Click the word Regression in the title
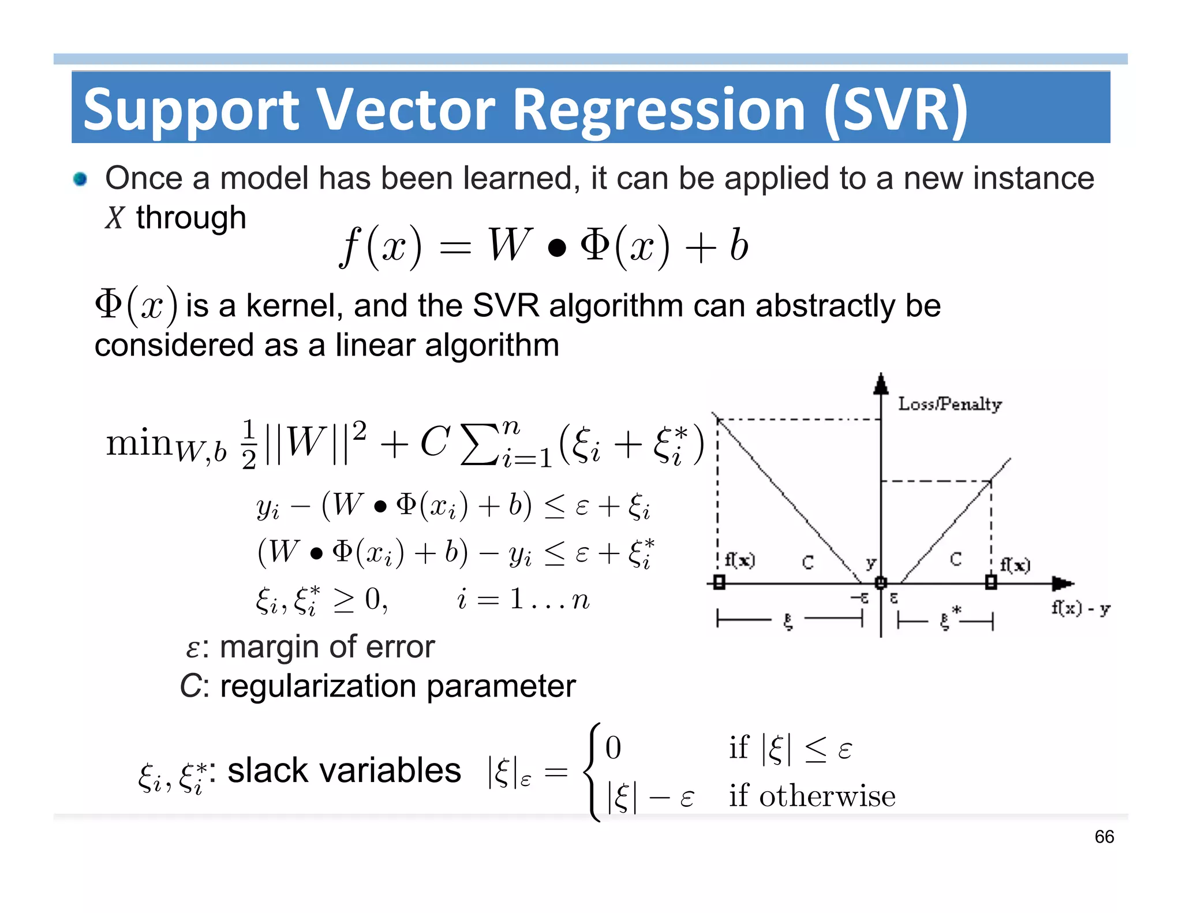pyautogui.click(x=658, y=110)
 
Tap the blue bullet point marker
pyautogui.click(x=80, y=179)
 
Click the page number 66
pyautogui.click(x=1104, y=837)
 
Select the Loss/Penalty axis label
pyautogui.click(x=949, y=404)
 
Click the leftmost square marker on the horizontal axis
pyautogui.click(x=719, y=582)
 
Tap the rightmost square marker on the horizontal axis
pyautogui.click(x=991, y=582)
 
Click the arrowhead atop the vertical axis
pyautogui.click(x=881, y=383)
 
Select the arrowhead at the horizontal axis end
pyautogui.click(x=1062, y=583)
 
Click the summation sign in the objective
pyautogui.click(x=479, y=444)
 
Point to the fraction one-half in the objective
pyautogui.click(x=249, y=444)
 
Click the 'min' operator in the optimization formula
pyautogui.click(x=139, y=443)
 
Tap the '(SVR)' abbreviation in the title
pyautogui.click(x=896, y=110)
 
